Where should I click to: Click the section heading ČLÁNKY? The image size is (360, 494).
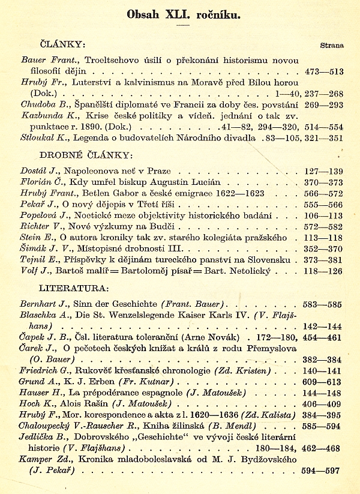(62, 44)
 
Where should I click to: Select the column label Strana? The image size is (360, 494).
(332, 45)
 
